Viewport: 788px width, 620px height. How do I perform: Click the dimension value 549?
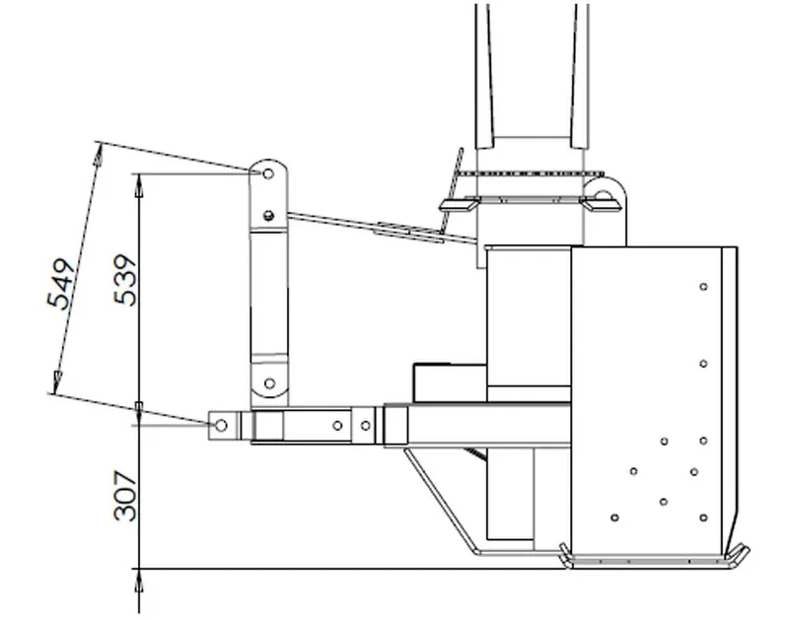(x=63, y=285)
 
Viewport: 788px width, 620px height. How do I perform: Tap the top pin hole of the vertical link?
(x=267, y=174)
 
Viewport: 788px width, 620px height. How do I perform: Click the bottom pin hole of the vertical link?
(x=268, y=382)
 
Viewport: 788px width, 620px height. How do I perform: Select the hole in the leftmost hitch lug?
(x=221, y=425)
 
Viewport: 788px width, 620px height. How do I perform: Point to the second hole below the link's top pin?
(x=268, y=216)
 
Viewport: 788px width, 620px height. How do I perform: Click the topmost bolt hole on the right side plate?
(x=703, y=287)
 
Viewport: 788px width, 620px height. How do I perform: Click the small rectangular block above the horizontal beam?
(x=449, y=380)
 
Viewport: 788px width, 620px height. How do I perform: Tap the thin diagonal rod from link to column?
(x=375, y=226)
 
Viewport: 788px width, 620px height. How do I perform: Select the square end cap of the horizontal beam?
(x=395, y=425)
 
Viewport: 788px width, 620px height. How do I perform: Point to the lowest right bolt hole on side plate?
(x=703, y=517)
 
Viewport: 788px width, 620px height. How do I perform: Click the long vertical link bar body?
(x=267, y=296)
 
